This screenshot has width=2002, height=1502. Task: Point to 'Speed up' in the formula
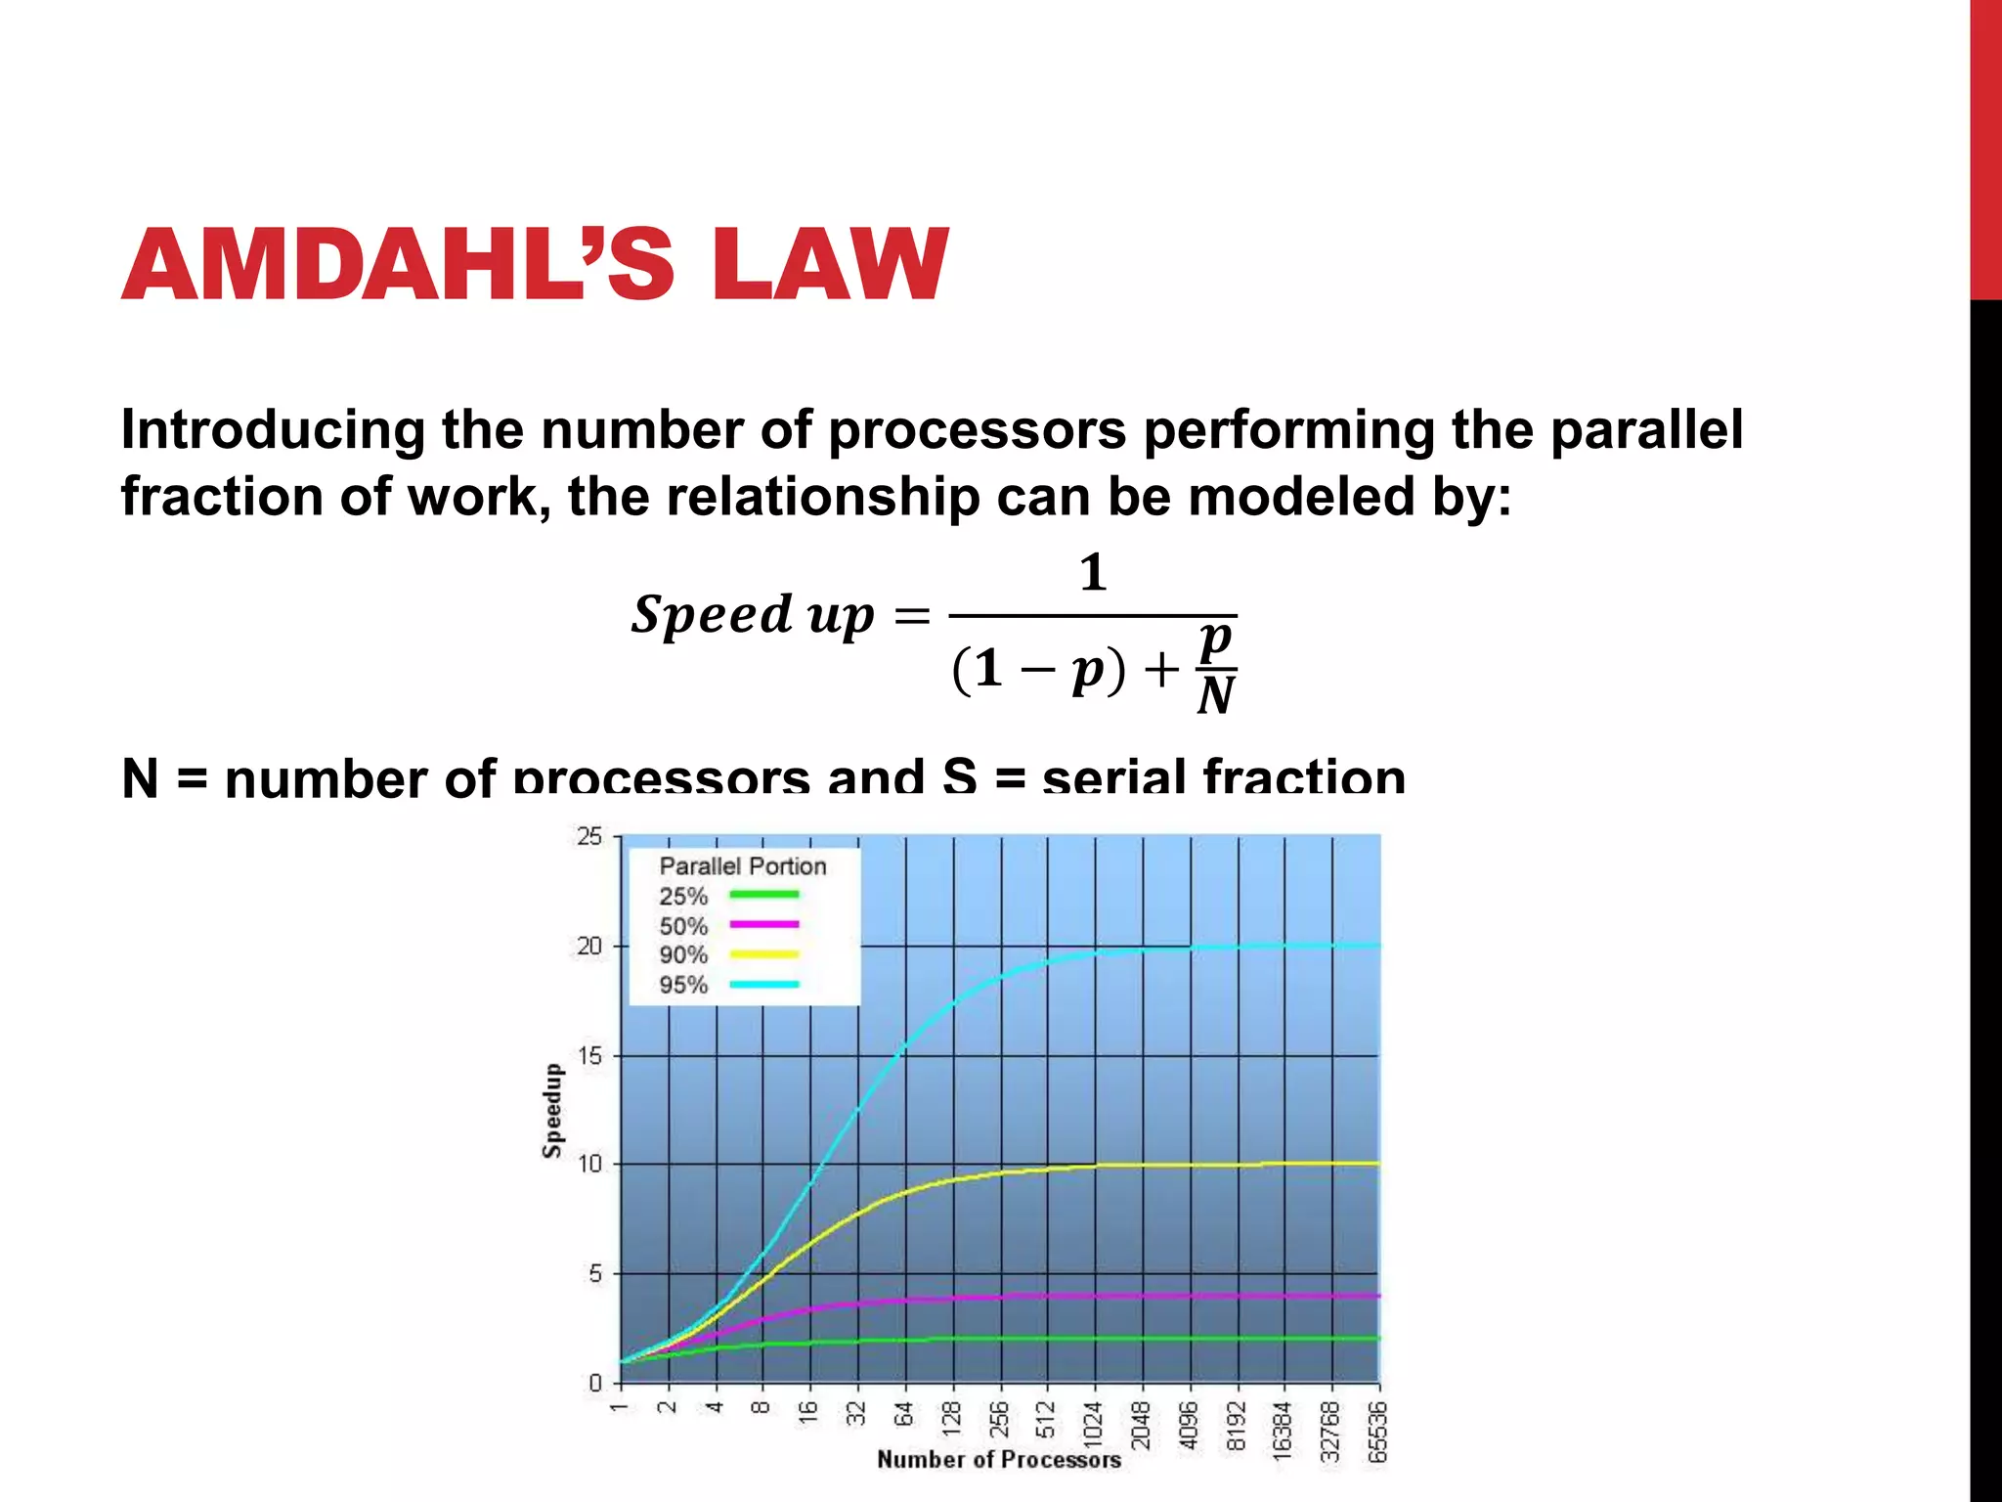[x=753, y=616]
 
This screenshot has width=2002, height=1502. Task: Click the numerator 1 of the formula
[x=1093, y=573]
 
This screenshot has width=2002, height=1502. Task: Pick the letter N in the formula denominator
[x=1216, y=696]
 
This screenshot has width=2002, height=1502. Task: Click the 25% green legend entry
[x=728, y=896]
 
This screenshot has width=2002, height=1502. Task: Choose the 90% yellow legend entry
[x=728, y=955]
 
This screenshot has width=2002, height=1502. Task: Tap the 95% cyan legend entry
[x=728, y=985]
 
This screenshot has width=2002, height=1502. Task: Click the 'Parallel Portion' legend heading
[x=742, y=866]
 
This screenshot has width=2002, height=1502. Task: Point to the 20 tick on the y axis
[x=589, y=947]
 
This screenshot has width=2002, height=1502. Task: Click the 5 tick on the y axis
[x=595, y=1274]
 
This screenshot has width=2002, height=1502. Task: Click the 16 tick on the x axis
[x=808, y=1413]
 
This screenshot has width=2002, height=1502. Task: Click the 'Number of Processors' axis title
[x=998, y=1460]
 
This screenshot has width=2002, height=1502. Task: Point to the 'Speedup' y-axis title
[x=553, y=1111]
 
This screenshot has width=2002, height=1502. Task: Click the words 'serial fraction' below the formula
[x=1224, y=778]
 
